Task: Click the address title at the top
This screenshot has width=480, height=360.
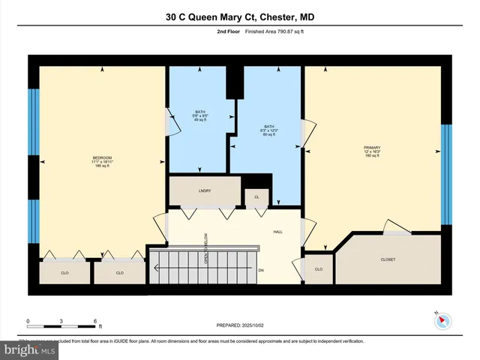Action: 240,16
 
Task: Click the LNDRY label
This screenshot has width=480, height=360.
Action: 205,191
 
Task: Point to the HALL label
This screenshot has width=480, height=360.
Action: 277,232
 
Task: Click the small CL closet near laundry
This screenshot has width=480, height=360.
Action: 256,197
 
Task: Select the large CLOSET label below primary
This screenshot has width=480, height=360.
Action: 387,259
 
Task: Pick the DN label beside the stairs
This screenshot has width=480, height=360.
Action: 261,270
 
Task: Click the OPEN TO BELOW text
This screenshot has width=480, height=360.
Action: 205,248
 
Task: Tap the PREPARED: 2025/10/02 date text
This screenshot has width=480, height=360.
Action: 240,326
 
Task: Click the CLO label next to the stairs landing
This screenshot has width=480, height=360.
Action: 318,269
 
